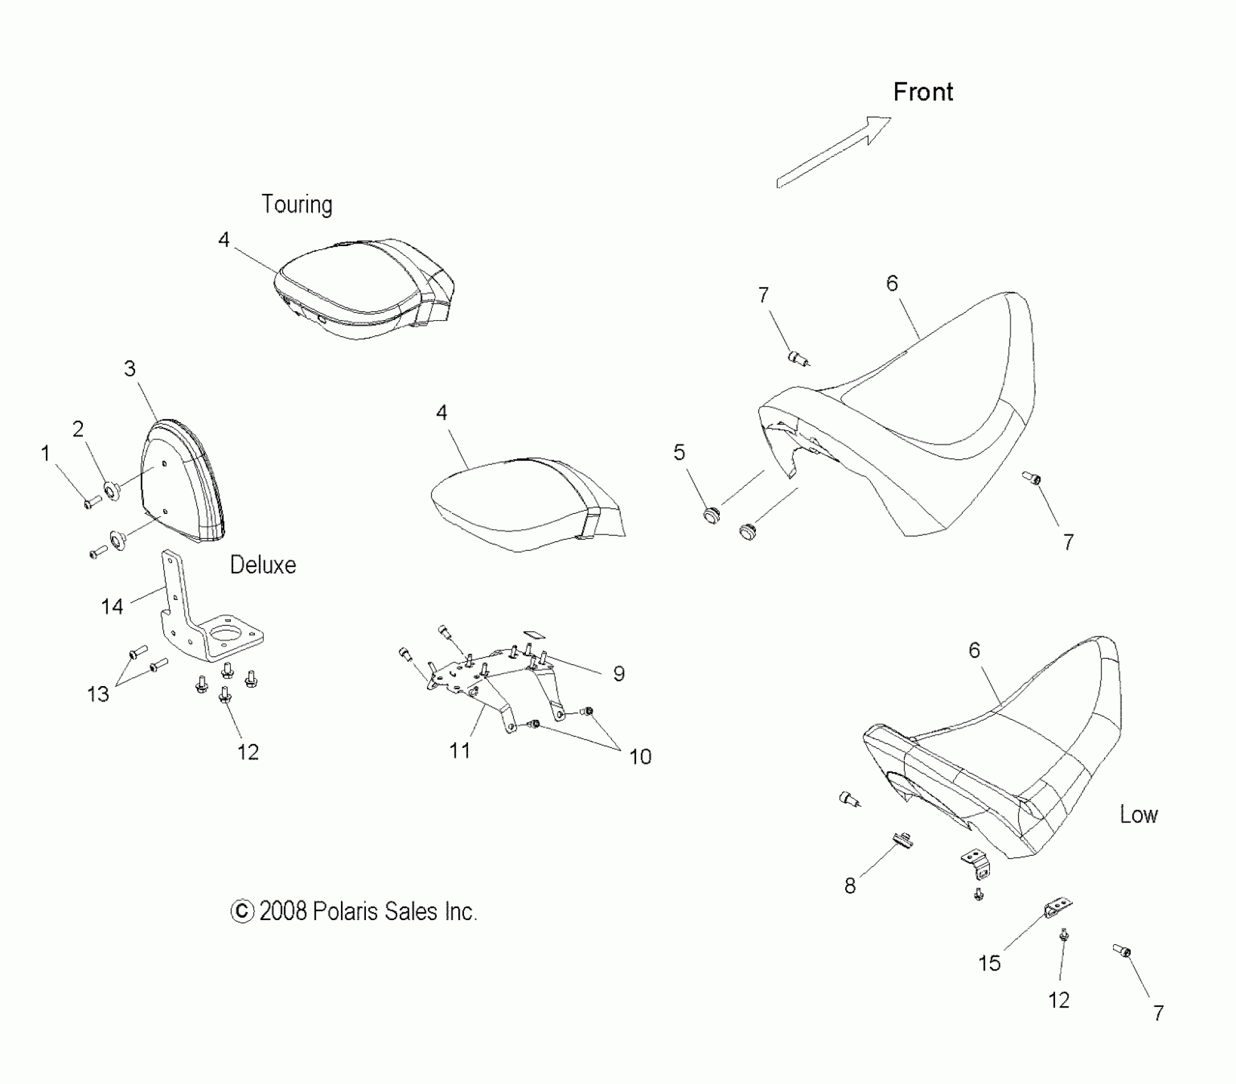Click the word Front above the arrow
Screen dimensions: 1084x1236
click(x=922, y=92)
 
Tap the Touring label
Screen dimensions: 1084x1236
click(x=297, y=205)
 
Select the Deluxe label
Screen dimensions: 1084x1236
click(x=263, y=565)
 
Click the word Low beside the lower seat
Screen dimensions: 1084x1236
click(x=1138, y=814)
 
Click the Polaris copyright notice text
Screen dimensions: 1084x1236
click(x=354, y=911)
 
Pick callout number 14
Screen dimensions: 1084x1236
click(x=112, y=606)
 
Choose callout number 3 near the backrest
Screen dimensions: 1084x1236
click(x=130, y=368)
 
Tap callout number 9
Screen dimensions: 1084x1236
click(x=618, y=673)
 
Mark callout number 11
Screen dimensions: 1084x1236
click(x=460, y=751)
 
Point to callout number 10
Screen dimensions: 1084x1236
click(x=640, y=756)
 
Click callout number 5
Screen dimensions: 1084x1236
click(x=679, y=452)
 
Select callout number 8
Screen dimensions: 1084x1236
click(x=850, y=886)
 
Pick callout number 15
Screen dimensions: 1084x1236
click(x=989, y=963)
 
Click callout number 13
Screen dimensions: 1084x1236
click(x=98, y=694)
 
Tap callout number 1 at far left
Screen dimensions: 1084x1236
click(x=45, y=453)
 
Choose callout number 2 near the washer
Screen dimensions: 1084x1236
click(x=78, y=429)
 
